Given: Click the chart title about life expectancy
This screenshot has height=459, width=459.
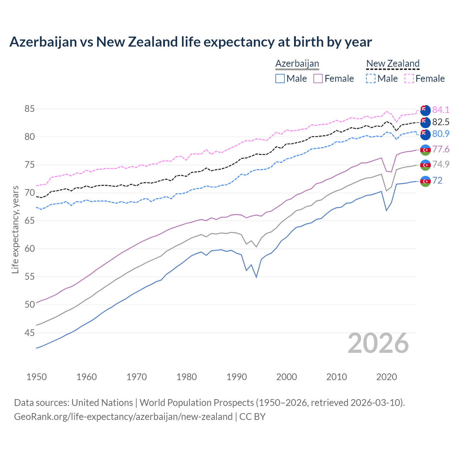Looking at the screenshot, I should tap(190, 42).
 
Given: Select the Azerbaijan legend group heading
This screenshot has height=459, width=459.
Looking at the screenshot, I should tap(297, 63).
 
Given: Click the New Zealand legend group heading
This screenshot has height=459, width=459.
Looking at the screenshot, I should tap(393, 63).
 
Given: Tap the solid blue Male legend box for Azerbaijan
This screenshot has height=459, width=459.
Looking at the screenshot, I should tap(280, 79).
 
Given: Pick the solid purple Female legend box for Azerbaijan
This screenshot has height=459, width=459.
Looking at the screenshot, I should tap(318, 79).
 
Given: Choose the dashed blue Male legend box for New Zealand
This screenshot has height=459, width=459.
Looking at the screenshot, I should tap(371, 79).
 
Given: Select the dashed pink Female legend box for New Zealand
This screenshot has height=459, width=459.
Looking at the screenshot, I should tap(409, 79).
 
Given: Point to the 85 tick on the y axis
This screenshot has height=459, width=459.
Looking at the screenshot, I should tap(29, 109).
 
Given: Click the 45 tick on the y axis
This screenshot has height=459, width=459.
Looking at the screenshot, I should tap(29, 333).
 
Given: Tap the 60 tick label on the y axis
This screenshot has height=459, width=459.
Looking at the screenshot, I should tap(29, 249).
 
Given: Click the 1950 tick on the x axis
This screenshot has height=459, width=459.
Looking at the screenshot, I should tap(37, 377).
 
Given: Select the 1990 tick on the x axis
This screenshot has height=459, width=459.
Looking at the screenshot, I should tap(237, 377).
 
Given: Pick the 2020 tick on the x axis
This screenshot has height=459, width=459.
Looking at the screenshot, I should tap(387, 377).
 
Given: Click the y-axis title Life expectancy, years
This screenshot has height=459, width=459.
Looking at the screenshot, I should tap(15, 229).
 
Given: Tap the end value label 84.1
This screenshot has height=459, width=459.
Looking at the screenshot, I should tap(441, 110).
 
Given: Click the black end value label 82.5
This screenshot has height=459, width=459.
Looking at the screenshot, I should tap(441, 122).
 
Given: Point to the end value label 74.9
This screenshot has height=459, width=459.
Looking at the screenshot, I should tap(441, 164).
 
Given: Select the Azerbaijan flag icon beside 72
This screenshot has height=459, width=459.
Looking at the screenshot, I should tap(425, 181).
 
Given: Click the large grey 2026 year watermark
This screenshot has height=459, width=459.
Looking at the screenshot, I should tap(378, 343).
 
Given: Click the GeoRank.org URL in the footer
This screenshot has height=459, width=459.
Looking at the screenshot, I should tap(123, 416).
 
